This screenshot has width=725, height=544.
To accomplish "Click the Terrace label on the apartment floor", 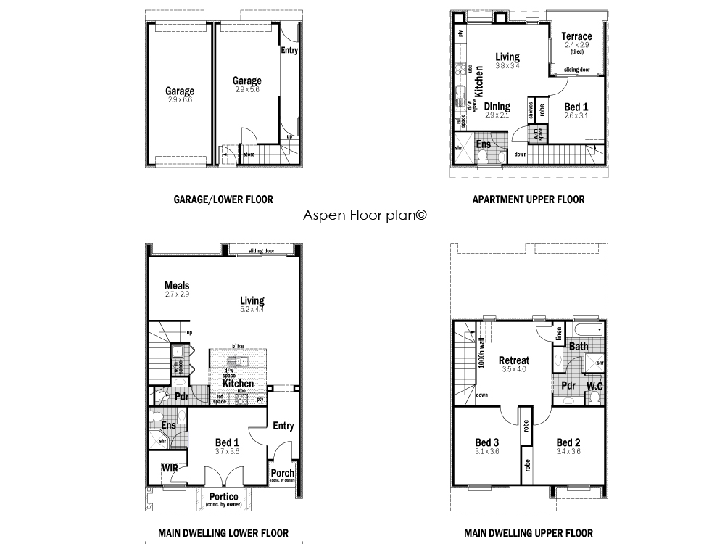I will pyautogui.click(x=577, y=36).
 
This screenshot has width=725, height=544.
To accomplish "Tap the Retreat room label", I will pyautogui.click(x=514, y=360).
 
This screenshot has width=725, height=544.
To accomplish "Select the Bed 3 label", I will pyautogui.click(x=487, y=442).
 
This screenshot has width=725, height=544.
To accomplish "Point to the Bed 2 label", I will pyautogui.click(x=569, y=442).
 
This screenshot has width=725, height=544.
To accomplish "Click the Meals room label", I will pyautogui.click(x=177, y=286).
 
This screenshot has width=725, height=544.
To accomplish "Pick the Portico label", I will pyautogui.click(x=224, y=497).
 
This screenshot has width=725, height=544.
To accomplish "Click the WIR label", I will pyautogui.click(x=170, y=469).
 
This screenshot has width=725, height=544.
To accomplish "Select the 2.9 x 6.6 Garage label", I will pyautogui.click(x=179, y=91).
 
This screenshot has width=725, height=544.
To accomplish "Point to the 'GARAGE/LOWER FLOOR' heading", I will pyautogui.click(x=223, y=199).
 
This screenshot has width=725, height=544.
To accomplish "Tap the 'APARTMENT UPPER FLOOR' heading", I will pyautogui.click(x=528, y=199).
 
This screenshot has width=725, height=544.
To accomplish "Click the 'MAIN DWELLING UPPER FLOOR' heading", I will pyautogui.click(x=529, y=533).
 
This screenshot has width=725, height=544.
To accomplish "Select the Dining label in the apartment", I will pyautogui.click(x=497, y=107).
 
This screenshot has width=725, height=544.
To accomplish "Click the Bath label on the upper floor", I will pyautogui.click(x=579, y=347).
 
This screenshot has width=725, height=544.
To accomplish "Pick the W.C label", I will pyautogui.click(x=594, y=385).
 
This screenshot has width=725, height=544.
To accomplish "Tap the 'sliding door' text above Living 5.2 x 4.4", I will pyautogui.click(x=261, y=250).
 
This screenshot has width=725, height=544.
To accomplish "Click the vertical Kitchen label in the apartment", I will pyautogui.click(x=479, y=81).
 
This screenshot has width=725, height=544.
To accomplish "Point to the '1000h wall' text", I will pyautogui.click(x=482, y=356).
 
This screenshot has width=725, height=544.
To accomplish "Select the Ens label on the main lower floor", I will pyautogui.click(x=168, y=426).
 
